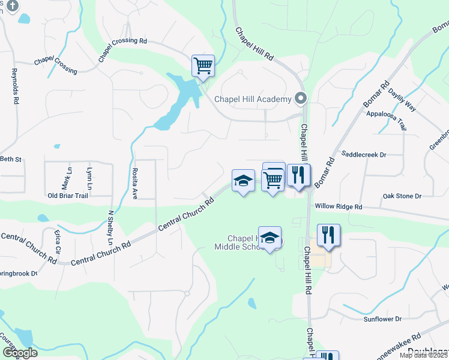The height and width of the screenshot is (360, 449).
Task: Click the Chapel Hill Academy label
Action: [253, 99]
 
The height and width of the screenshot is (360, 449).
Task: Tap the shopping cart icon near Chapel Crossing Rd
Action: [203, 66]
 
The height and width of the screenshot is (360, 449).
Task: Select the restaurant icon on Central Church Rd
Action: [298, 176]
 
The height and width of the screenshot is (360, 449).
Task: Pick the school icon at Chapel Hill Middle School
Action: [270, 237]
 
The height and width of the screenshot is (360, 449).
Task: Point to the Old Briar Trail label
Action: [68, 196]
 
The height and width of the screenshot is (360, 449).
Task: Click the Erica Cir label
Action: [58, 241]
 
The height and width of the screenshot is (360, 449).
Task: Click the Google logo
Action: [20, 353]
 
